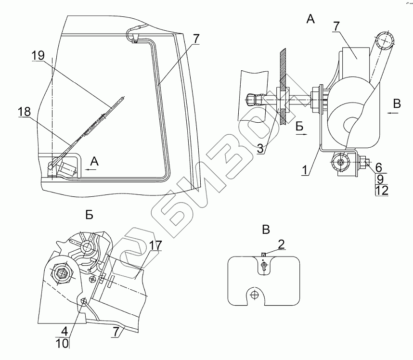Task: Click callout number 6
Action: pos(379,167)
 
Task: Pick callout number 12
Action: pos(381,190)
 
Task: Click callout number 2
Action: pos(281,244)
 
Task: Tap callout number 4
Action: pos(64,332)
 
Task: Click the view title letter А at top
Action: pos(310,19)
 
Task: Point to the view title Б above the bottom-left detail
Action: pos(89,215)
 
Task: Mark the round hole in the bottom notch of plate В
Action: pos(255,295)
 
